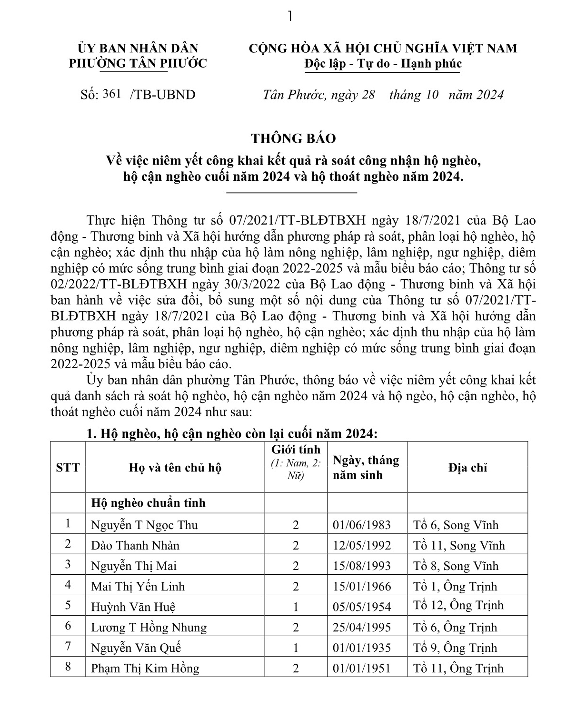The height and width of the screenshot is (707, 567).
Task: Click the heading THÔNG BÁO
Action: tap(294, 138)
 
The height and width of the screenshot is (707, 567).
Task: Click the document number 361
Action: tap(112, 94)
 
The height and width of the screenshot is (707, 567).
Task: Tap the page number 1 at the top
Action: tap(290, 17)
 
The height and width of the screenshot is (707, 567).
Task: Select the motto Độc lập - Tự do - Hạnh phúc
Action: tap(383, 64)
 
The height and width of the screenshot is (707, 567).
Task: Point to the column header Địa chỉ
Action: tap(467, 468)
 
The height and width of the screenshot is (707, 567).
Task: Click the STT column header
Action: tap(68, 468)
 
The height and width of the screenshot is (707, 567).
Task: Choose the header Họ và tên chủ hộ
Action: tap(175, 468)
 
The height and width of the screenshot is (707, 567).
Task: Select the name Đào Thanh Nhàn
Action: tap(135, 545)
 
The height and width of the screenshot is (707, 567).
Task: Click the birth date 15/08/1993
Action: tap(362, 566)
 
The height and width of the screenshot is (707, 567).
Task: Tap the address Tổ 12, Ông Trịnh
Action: tap(458, 605)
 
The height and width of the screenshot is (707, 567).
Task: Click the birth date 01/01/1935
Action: tap(362, 648)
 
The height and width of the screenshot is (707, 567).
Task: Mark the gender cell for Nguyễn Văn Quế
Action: tap(296, 648)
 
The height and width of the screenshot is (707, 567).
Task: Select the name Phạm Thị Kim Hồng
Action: tap(145, 668)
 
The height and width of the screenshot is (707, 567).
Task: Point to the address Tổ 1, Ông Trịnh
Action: tap(455, 587)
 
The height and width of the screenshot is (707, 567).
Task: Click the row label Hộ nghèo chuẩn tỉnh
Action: tap(148, 503)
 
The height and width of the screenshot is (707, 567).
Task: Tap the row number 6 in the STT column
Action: tap(68, 626)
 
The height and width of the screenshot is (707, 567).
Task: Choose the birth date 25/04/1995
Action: tap(362, 628)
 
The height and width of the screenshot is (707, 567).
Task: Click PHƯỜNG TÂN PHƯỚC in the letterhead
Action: tap(138, 63)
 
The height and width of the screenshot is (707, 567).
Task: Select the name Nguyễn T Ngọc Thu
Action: tap(144, 525)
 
